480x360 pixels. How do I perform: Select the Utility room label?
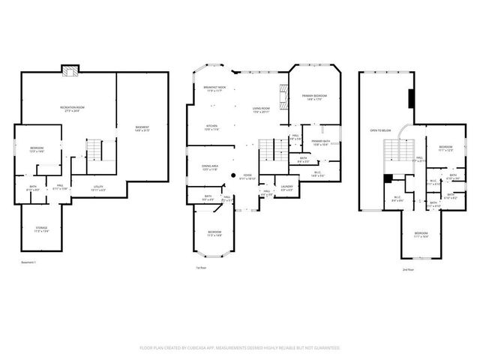pyautogui.click(x=98, y=188)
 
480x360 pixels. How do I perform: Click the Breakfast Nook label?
pyautogui.click(x=215, y=89)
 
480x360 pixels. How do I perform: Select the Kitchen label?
pyautogui.click(x=211, y=127)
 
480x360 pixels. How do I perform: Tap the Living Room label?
pyautogui.click(x=260, y=110)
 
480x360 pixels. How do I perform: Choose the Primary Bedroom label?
pyautogui.click(x=314, y=97)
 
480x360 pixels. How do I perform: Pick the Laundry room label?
pyautogui.click(x=286, y=187)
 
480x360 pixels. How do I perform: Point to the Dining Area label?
pyautogui.click(x=210, y=167)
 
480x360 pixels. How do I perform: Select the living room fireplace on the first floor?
pyautogui.click(x=283, y=96)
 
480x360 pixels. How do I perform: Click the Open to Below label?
pyautogui.click(x=379, y=130)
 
